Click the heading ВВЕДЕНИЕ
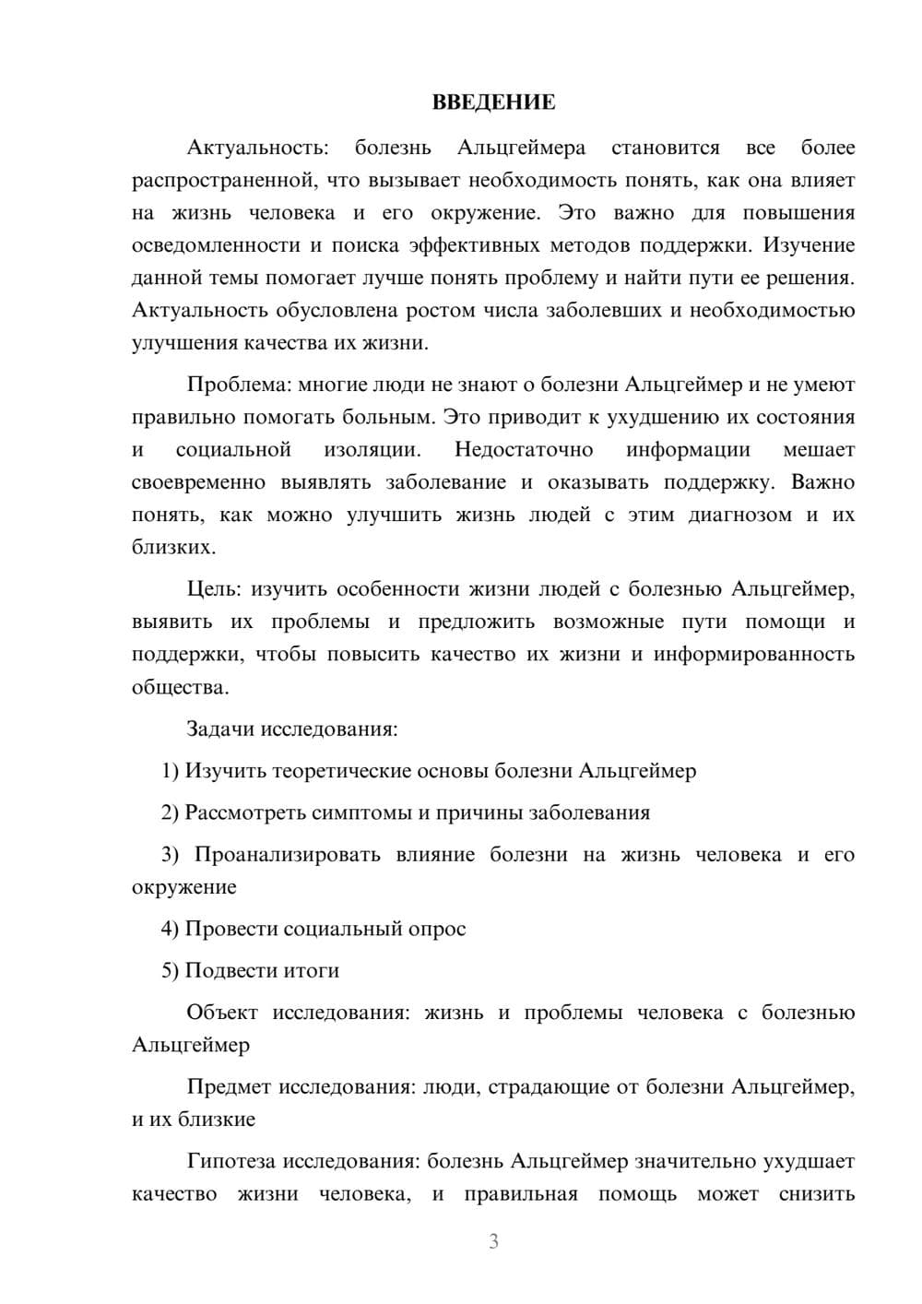tap(493, 102)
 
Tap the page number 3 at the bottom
tap(493, 1242)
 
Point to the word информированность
tap(754, 655)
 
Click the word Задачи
tap(220, 729)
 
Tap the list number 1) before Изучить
tap(170, 771)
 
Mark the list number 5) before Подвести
tap(170, 971)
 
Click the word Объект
tap(222, 1013)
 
